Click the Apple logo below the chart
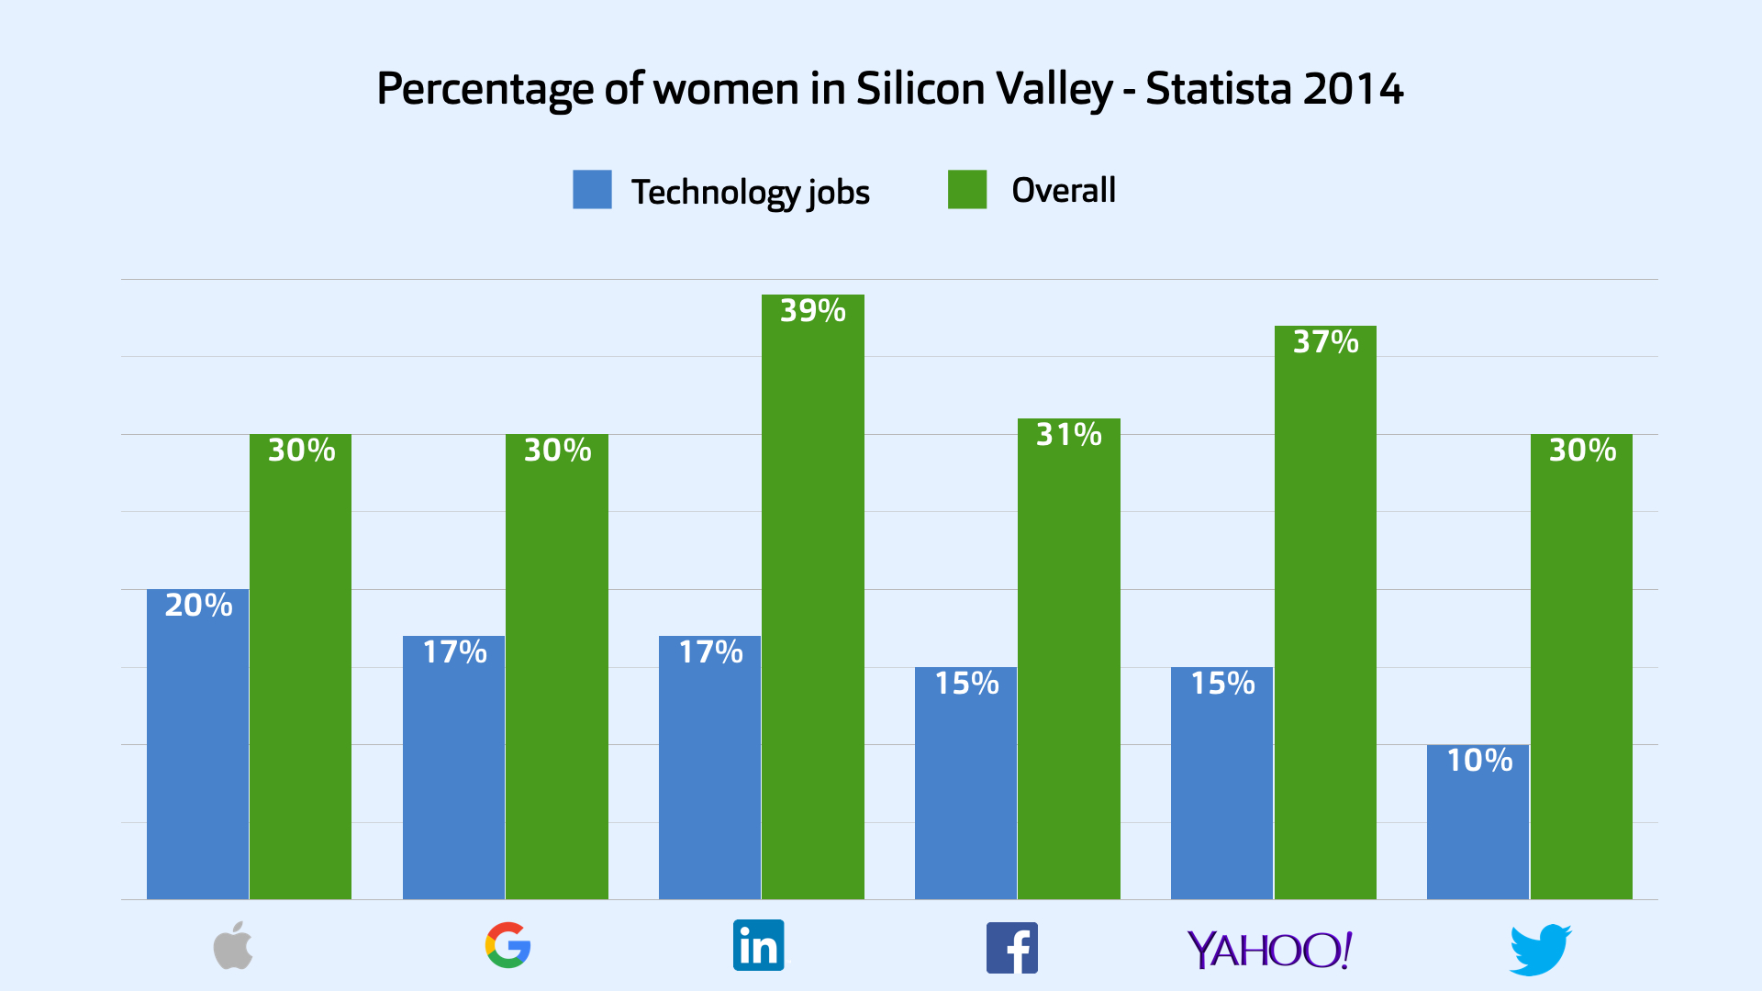(233, 946)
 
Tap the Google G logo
(507, 946)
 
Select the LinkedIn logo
(758, 945)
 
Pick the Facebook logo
(1011, 948)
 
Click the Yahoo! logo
(1269, 950)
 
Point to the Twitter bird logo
(1540, 950)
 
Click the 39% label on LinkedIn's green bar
(813, 311)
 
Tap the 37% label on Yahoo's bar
(1325, 342)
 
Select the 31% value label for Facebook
(1069, 434)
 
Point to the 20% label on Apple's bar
(198, 606)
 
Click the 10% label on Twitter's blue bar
(1479, 760)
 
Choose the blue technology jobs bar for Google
(454, 780)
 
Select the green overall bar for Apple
(301, 679)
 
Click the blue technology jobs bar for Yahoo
(1222, 798)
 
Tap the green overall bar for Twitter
(1581, 679)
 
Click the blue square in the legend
(592, 190)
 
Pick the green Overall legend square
(967, 190)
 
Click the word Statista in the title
(1219, 89)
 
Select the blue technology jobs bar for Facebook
(966, 798)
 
